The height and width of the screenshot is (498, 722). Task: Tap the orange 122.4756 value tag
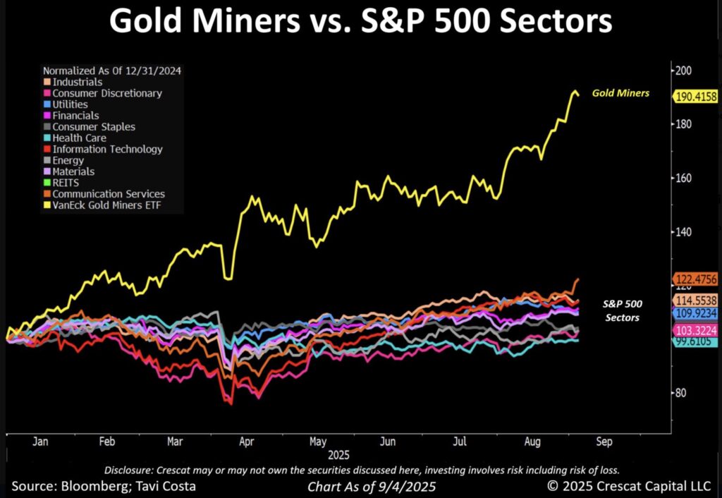pos(696,279)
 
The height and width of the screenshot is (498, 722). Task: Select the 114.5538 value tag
pos(696,300)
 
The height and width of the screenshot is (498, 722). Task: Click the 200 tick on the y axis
pos(683,71)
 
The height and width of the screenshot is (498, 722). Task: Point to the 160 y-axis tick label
pos(683,178)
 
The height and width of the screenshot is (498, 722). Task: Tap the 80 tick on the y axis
pos(681,393)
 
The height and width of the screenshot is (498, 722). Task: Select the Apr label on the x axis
pos(246,442)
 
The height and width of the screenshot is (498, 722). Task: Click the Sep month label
pos(605,442)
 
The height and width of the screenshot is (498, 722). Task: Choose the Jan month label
pos(39,442)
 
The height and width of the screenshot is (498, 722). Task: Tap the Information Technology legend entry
pos(107,149)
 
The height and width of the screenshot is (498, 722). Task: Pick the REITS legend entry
pos(65,183)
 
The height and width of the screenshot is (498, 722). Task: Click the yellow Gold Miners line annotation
pos(620,92)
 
